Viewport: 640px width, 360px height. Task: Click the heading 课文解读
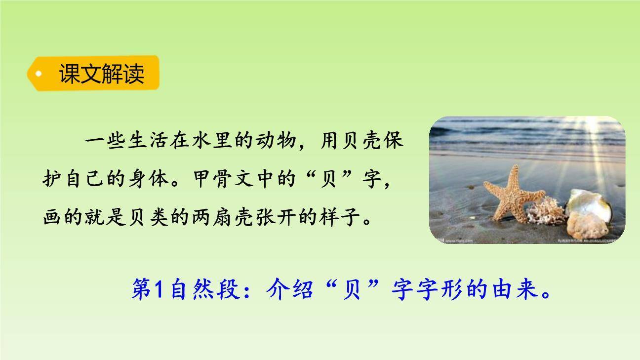pos(101,74)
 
